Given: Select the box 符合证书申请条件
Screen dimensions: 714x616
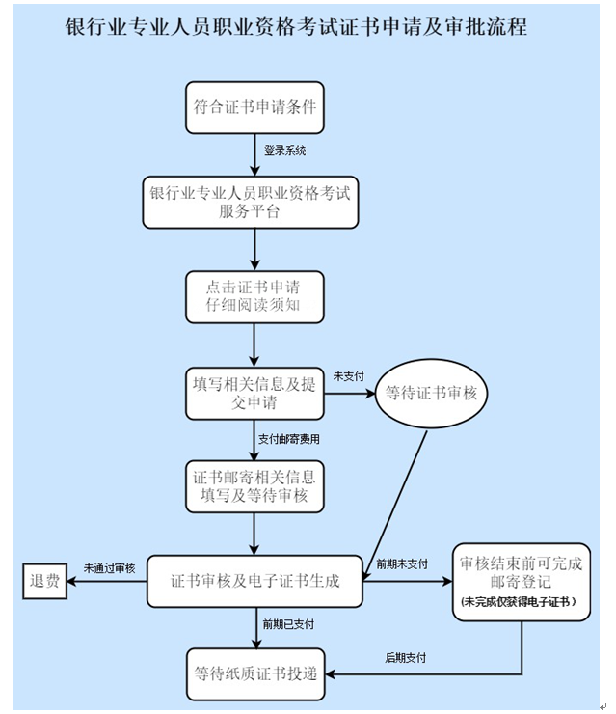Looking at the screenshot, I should pos(254,106).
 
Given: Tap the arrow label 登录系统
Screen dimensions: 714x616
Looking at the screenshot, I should pos(285,151).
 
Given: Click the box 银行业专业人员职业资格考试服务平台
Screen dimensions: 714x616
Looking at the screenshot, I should pos(254,202).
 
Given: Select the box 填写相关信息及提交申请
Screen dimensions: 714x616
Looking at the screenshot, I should pos(254,393).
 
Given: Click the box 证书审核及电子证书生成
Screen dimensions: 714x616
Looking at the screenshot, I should pos(254,582).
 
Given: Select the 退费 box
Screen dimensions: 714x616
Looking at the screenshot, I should pos(45,582).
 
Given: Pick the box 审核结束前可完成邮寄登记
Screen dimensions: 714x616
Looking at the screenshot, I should pos(522,570).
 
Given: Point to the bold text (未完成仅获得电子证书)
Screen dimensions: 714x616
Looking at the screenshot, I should pos(522,601).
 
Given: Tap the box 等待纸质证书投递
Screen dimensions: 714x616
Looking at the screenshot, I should pos(254,673).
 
